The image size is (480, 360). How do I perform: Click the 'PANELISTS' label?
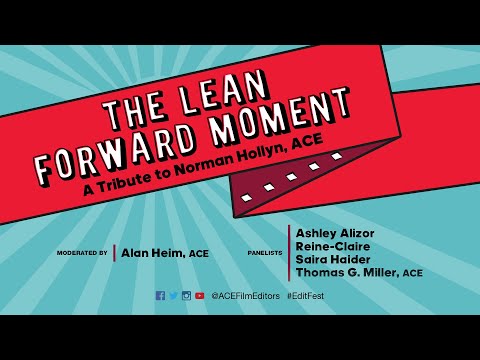coord(263,253)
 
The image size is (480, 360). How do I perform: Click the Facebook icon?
coord(160,296)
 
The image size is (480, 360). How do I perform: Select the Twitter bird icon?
coord(173,296)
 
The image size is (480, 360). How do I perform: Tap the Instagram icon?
coord(186,296)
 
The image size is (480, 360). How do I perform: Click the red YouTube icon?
coord(200,296)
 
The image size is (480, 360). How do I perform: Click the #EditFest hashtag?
coord(304,296)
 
